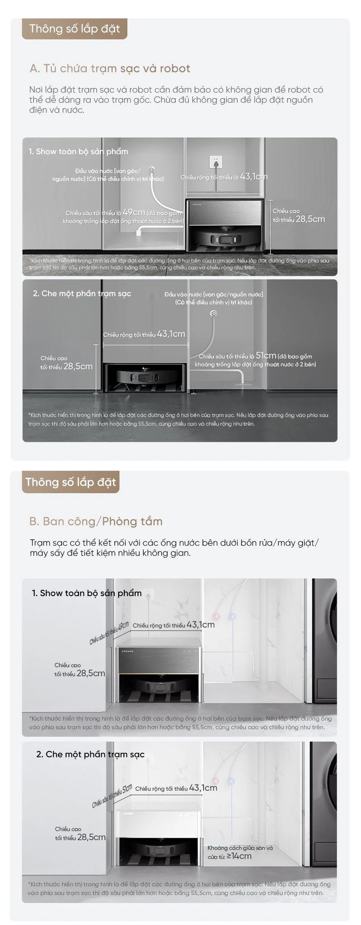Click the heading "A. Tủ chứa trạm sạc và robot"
coord(110,69)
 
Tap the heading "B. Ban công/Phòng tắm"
coord(96,521)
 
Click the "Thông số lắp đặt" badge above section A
coord(75,29)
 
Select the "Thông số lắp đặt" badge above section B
coord(70,482)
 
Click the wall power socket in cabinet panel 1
coord(217,161)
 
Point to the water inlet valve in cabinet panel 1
coord(152,170)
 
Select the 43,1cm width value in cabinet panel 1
coord(253,177)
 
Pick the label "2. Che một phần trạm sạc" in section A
coord(82,294)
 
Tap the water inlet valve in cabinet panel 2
coord(214,313)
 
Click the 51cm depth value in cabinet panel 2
coord(266,355)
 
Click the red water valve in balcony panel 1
coord(217,616)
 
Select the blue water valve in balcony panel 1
coord(232,616)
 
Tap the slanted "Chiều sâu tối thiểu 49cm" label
coord(109,633)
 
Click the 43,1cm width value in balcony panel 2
coord(203,788)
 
